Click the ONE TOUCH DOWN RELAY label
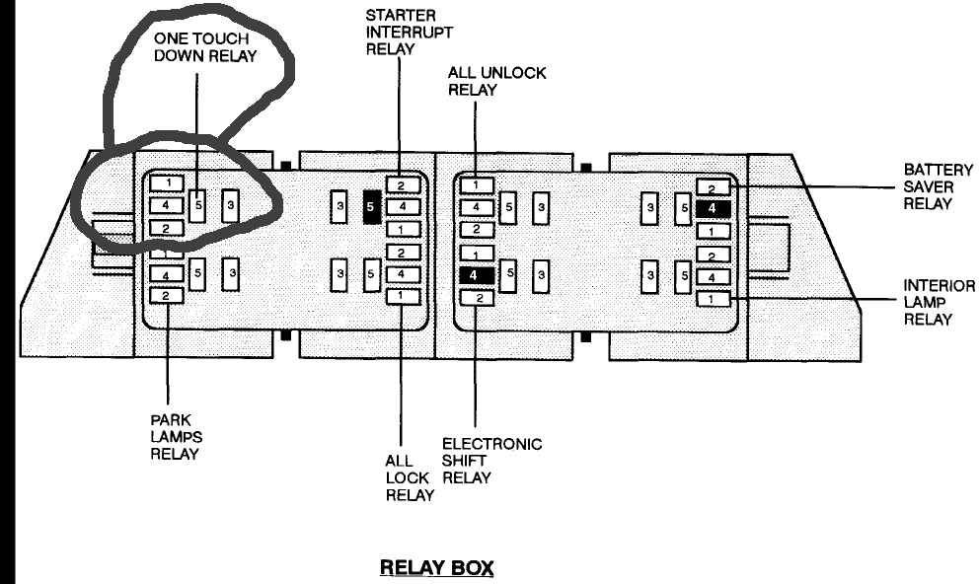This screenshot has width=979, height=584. (x=204, y=46)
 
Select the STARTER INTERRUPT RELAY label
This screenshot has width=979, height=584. (x=410, y=33)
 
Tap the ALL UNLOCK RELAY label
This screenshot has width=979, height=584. (x=496, y=81)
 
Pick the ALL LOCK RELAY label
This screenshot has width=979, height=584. (x=409, y=477)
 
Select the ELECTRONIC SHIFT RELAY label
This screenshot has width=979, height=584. (x=490, y=461)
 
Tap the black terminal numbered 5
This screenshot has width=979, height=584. (x=372, y=207)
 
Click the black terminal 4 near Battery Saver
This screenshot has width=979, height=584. (x=712, y=208)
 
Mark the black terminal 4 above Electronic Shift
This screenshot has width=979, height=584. (x=476, y=275)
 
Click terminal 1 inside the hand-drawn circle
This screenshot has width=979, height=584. (x=168, y=182)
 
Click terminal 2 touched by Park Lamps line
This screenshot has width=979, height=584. (x=168, y=295)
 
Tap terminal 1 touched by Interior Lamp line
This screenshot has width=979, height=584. (x=712, y=299)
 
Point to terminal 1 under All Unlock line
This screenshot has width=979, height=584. (x=476, y=184)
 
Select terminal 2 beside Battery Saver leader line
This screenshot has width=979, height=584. (x=712, y=186)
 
